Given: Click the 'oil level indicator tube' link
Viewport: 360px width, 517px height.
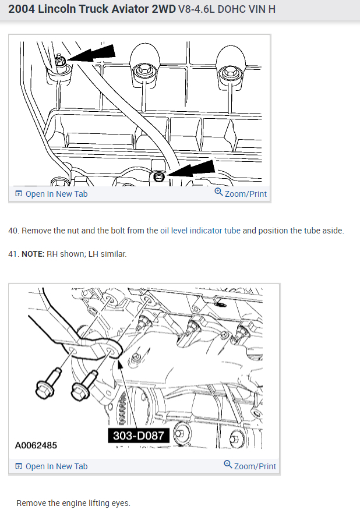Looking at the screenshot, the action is point(200,231).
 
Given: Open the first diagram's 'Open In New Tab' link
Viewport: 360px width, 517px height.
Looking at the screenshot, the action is point(51,194).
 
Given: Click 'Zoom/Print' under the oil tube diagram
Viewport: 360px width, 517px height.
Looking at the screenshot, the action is point(241,193).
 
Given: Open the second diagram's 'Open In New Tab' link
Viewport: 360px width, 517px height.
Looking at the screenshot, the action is point(51,466).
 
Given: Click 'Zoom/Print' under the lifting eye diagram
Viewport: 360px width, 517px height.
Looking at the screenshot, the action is point(250,466).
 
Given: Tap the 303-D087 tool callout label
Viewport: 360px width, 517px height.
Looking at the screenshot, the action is point(139,435).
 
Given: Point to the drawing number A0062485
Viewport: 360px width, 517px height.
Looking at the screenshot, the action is point(36,445).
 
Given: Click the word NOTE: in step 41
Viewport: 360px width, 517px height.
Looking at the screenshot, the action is point(33,254).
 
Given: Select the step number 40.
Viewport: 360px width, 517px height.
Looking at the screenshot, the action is point(13,231).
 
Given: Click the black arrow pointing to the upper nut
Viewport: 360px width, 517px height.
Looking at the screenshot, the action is point(90,54).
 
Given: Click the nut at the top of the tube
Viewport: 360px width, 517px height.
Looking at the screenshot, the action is point(60,61).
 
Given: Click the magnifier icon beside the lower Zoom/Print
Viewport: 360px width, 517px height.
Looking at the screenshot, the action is point(228,464).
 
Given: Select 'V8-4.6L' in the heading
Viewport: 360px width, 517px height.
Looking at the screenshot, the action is point(196,9).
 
